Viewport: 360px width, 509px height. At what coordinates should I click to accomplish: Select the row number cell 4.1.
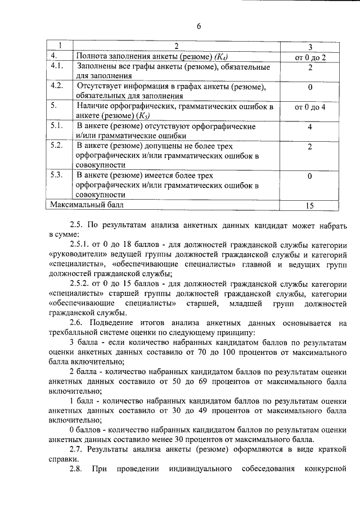[x=56, y=67]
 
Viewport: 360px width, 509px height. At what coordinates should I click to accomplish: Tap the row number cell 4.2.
[x=56, y=87]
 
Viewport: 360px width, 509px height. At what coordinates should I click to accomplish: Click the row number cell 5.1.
[x=56, y=126]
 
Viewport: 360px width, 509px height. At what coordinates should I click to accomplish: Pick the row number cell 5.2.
[x=56, y=146]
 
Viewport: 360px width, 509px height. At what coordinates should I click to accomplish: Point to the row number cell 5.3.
[x=56, y=175]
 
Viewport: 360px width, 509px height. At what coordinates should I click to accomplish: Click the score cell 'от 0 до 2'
[x=310, y=57]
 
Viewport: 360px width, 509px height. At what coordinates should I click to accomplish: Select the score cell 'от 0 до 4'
[x=310, y=106]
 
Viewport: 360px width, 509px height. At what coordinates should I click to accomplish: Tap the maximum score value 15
[x=310, y=205]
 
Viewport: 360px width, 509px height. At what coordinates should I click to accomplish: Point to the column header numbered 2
[x=176, y=46]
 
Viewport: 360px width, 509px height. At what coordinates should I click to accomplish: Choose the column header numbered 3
[x=310, y=46]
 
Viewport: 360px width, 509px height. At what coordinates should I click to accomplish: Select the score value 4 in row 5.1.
[x=310, y=127]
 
